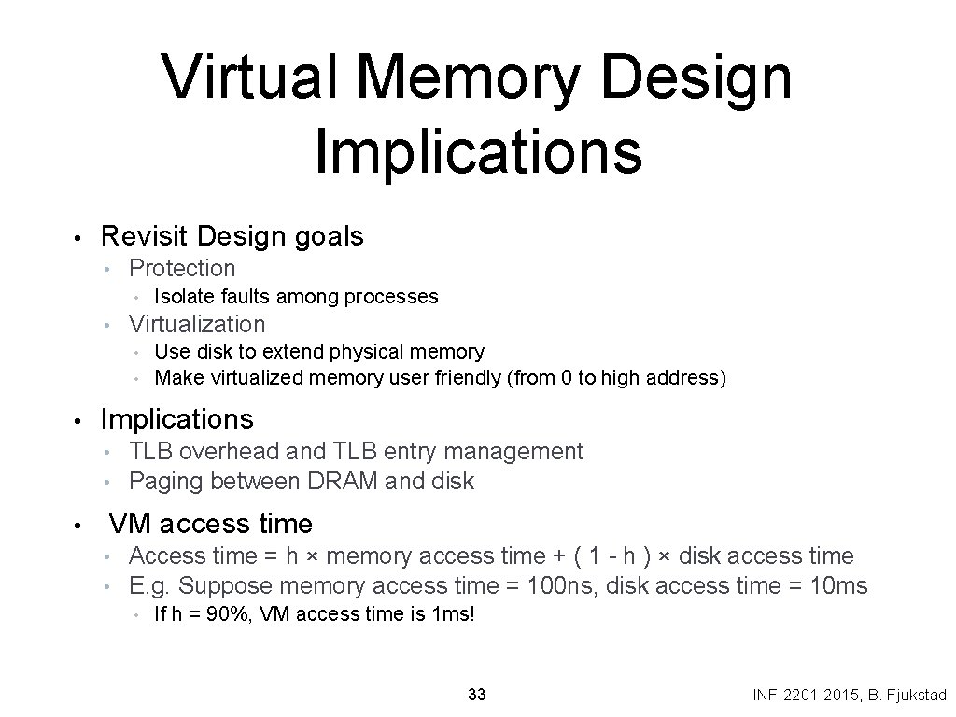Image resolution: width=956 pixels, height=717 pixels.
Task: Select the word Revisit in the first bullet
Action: pos(146,237)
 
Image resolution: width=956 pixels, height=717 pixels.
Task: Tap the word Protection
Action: pos(182,269)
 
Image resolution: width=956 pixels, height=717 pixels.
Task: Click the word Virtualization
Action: pos(197,325)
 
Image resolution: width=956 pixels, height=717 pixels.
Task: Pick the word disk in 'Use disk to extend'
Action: pos(209,352)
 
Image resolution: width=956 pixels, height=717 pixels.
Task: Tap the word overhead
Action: pos(229,452)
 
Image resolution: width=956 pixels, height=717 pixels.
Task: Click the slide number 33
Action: pos(477,695)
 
